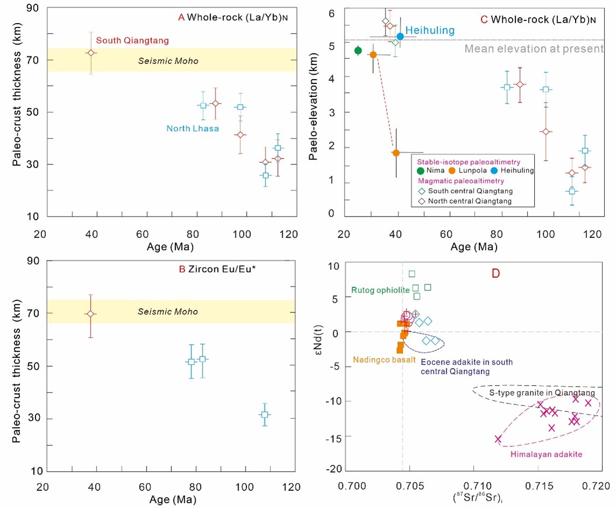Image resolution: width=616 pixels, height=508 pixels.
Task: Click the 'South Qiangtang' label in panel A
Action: pos(132,40)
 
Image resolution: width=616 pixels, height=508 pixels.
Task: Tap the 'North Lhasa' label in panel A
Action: pos(193,128)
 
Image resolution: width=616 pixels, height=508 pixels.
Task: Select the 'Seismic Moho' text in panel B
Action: pos(168,311)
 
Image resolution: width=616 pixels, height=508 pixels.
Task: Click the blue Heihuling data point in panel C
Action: pos(400,37)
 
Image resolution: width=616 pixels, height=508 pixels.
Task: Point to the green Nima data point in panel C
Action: pos(358,50)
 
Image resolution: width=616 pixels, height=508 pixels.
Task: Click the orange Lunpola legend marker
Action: pos(452,171)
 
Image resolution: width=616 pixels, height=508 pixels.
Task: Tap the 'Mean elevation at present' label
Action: pos(534,48)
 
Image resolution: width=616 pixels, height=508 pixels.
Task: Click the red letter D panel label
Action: pos(496,274)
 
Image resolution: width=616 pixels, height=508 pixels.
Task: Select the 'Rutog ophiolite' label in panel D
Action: pos(380,290)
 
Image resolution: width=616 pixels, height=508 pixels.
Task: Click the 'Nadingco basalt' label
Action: pos(384,359)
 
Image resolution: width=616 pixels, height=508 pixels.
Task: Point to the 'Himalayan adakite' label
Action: pos(547,454)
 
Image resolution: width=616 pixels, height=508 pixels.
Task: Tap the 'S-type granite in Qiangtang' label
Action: pos(542,393)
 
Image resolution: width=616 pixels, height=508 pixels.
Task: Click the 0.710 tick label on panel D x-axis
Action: pos(474,486)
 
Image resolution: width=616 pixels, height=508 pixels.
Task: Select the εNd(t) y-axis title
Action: pos(319,340)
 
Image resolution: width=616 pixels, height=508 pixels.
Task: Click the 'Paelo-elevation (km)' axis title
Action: pos(313,107)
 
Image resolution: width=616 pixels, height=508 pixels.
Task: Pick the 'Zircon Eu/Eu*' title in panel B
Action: pos(222,269)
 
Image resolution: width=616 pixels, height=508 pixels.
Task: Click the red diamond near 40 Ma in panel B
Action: pos(91,314)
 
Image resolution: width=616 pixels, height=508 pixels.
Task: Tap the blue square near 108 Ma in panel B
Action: pos(265,414)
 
